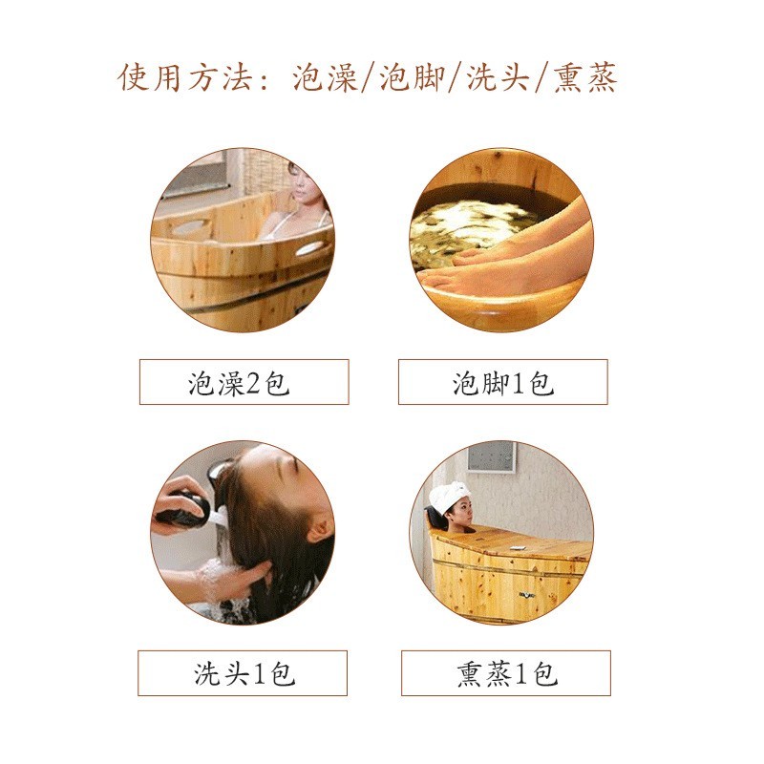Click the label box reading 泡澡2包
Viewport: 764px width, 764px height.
tap(244, 382)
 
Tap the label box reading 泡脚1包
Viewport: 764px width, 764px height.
tap(502, 382)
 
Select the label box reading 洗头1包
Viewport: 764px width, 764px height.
tap(243, 673)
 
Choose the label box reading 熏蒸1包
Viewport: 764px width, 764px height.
tap(505, 673)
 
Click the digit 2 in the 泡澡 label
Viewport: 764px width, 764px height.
tap(254, 384)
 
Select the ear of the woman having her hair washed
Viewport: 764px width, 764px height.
tap(318, 527)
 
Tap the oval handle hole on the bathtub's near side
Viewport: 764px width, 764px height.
tap(190, 228)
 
